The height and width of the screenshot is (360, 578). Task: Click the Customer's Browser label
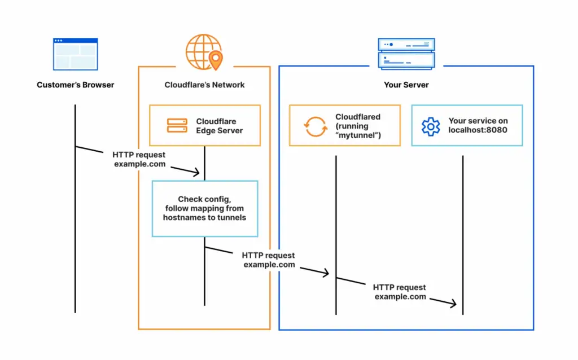[76, 85]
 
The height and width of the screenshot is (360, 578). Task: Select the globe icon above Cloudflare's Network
[202, 51]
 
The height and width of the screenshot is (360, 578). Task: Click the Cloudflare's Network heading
[204, 85]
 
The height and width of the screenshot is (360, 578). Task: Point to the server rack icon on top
[406, 54]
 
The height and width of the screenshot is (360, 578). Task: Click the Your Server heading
[406, 85]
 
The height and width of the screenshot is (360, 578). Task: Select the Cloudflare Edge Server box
[204, 125]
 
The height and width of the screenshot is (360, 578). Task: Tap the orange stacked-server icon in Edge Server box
[177, 125]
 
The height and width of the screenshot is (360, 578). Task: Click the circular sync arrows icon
[316, 126]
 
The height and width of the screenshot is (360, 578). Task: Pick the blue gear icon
[431, 126]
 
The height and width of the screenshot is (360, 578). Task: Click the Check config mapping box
[204, 208]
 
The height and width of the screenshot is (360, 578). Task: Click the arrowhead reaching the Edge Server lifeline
[198, 172]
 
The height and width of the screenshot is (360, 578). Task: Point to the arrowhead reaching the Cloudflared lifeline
[326, 274]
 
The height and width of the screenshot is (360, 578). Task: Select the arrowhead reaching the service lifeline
[453, 305]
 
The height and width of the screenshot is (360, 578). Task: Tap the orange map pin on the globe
[215, 59]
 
